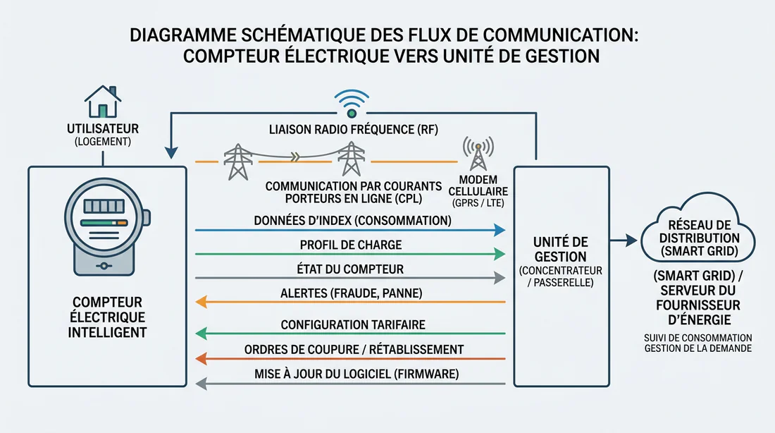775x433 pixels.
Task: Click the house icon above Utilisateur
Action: pyautogui.click(x=102, y=102)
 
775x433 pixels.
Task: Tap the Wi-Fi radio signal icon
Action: pyautogui.click(x=351, y=103)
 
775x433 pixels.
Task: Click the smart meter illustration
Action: pyautogui.click(x=107, y=228)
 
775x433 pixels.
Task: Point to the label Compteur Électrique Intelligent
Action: pyautogui.click(x=107, y=316)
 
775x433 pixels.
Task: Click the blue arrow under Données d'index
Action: pyautogui.click(x=350, y=230)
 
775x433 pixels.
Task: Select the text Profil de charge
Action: pyautogui.click(x=350, y=245)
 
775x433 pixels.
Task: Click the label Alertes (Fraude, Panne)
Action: pyautogui.click(x=350, y=293)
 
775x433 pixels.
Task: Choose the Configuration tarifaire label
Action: pyautogui.click(x=350, y=324)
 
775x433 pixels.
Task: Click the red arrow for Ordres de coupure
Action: pyautogui.click(x=350, y=359)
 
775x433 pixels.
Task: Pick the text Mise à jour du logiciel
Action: pyautogui.click(x=350, y=374)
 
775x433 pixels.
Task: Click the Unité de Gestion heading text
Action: pyautogui.click(x=561, y=249)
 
